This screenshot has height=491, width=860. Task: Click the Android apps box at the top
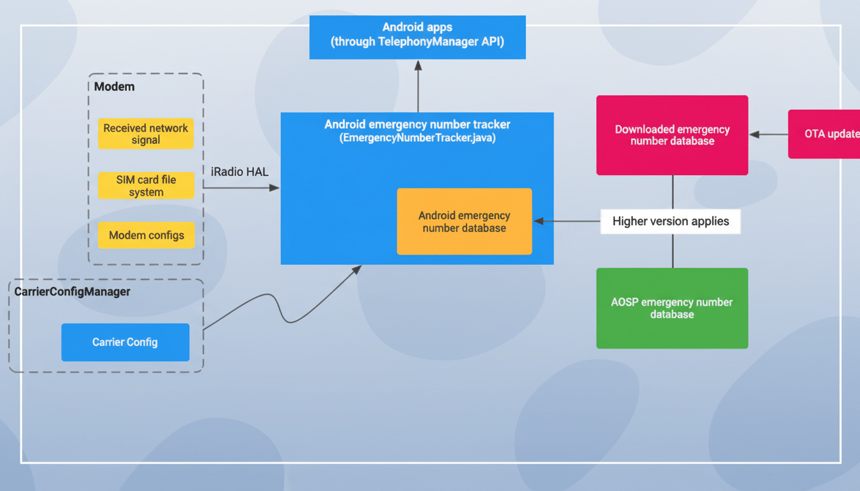(x=417, y=37)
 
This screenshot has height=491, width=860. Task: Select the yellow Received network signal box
(x=146, y=134)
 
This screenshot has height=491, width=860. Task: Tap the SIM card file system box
(x=146, y=185)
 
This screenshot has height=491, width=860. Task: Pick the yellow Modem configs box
(x=146, y=235)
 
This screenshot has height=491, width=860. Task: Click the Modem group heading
(x=115, y=86)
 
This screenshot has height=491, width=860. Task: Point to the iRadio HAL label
(x=239, y=172)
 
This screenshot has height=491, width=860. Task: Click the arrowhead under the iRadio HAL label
(x=275, y=188)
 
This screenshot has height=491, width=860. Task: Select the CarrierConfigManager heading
(x=72, y=292)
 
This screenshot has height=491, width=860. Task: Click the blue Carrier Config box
(x=125, y=342)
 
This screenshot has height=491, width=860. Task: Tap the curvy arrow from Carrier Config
(x=282, y=307)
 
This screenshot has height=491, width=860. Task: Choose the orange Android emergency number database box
(x=464, y=222)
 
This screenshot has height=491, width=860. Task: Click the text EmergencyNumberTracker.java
(x=417, y=137)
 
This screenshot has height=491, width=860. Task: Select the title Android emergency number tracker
(x=417, y=124)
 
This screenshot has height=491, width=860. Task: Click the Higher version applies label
(x=670, y=221)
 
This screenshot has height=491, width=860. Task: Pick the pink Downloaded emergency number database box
(x=672, y=135)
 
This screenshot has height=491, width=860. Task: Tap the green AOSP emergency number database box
(x=672, y=308)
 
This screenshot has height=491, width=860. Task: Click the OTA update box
(x=825, y=134)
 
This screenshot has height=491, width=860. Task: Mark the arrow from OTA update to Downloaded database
(x=768, y=134)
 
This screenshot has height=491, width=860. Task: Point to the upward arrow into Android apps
(x=418, y=86)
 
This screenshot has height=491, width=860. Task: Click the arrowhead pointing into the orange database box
(x=539, y=221)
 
